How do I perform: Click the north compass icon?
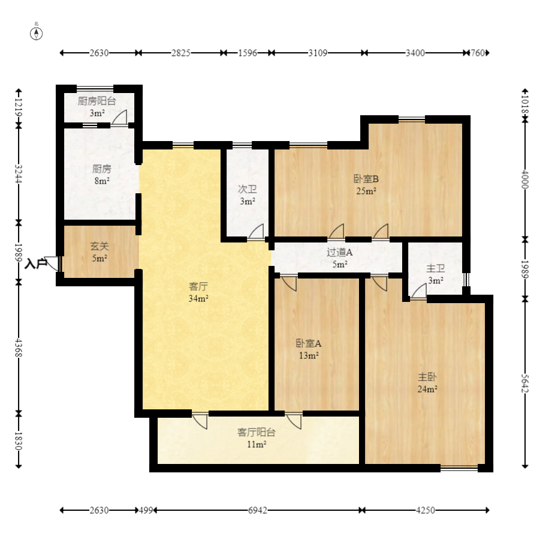pyautogui.click(x=37, y=32)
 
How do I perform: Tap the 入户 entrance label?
pyautogui.click(x=35, y=263)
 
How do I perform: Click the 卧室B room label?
pyautogui.click(x=366, y=179)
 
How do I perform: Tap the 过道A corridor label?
pyautogui.click(x=339, y=253)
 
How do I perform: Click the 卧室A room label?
pyautogui.click(x=309, y=344)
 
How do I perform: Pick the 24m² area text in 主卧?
pyautogui.click(x=427, y=389)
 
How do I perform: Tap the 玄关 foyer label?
pyautogui.click(x=99, y=246)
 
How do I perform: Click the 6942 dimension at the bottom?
pyautogui.click(x=258, y=510)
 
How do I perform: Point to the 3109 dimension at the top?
pyautogui.click(x=318, y=53)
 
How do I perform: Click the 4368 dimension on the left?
pyautogui.click(x=19, y=346)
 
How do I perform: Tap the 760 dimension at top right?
pyautogui.click(x=477, y=53)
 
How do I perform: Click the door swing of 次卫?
pyautogui.click(x=257, y=232)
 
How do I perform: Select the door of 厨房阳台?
pyautogui.click(x=119, y=117)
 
